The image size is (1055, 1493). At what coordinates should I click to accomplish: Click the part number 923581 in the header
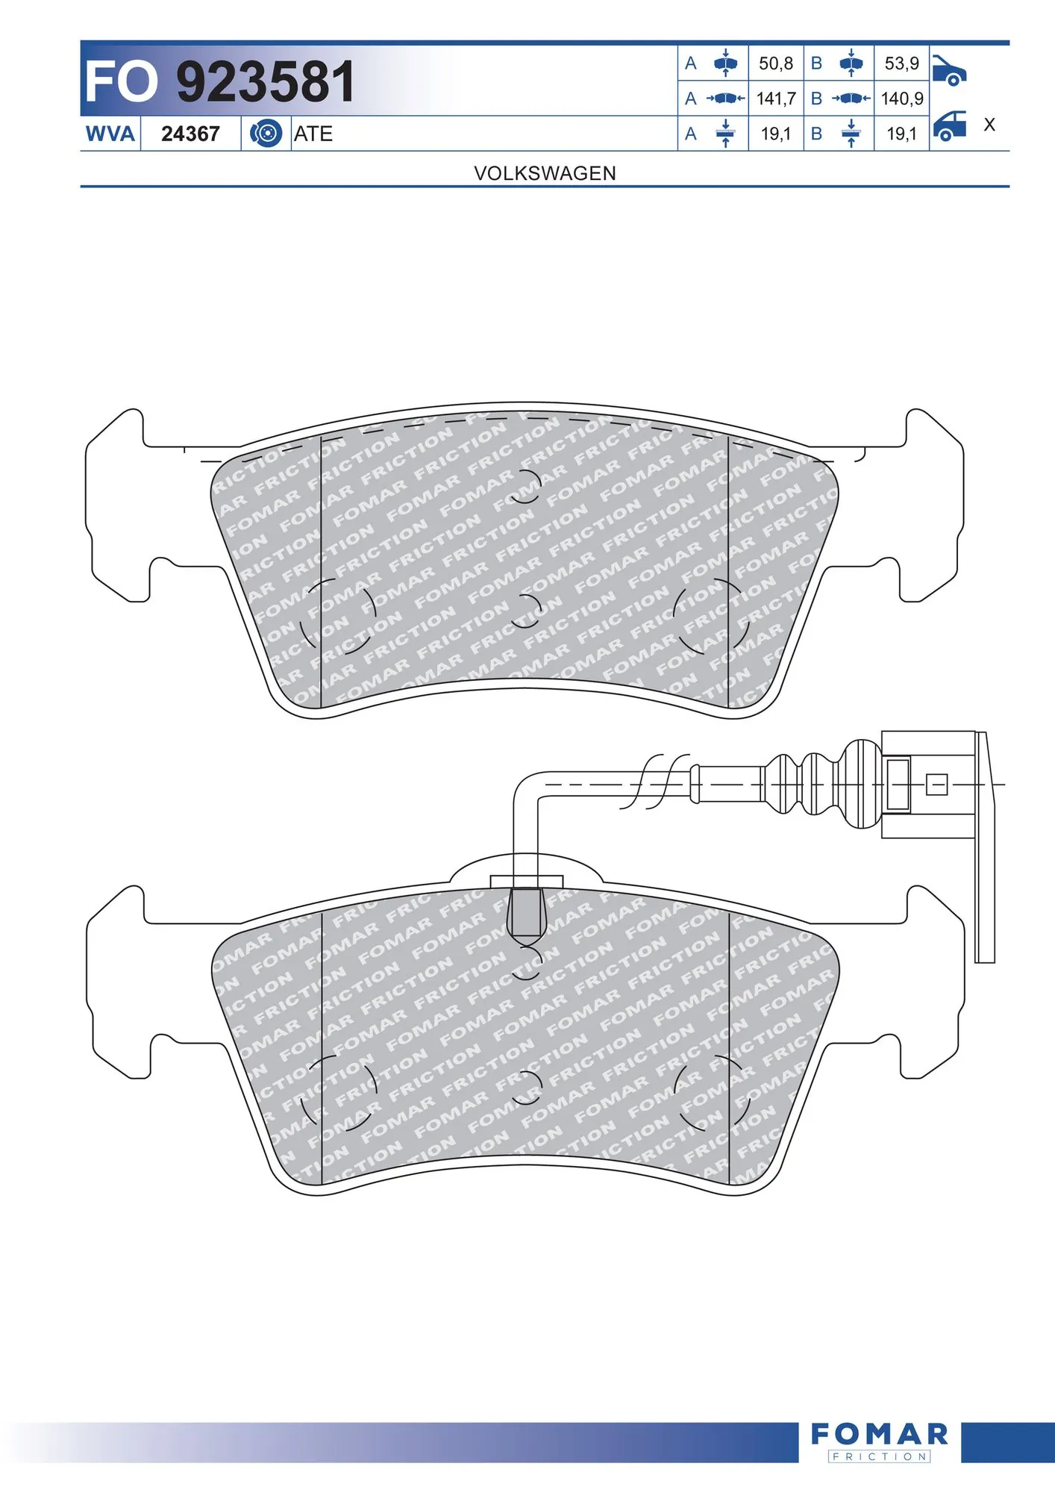[265, 81]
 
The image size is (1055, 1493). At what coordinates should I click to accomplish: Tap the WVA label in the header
[110, 134]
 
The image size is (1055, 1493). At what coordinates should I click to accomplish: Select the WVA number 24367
[190, 134]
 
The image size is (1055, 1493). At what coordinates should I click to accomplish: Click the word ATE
[313, 134]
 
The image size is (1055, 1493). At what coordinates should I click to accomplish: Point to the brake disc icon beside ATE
[266, 134]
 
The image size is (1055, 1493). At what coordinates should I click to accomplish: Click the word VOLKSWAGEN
[545, 173]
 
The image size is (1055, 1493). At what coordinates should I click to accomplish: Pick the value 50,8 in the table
[776, 63]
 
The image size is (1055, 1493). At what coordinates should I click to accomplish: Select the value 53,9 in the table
[901, 63]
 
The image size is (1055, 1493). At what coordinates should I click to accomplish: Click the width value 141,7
[776, 99]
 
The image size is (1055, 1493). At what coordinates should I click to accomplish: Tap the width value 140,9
[901, 99]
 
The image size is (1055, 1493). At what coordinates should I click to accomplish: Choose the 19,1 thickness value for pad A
[776, 134]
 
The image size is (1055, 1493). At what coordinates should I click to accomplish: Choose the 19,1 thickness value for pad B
[901, 134]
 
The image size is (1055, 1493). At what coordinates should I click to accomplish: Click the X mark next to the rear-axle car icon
[989, 125]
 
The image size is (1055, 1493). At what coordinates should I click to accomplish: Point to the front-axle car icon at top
[949, 70]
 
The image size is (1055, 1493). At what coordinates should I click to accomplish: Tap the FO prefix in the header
[121, 81]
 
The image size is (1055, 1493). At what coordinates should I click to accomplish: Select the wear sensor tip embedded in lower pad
[525, 913]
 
